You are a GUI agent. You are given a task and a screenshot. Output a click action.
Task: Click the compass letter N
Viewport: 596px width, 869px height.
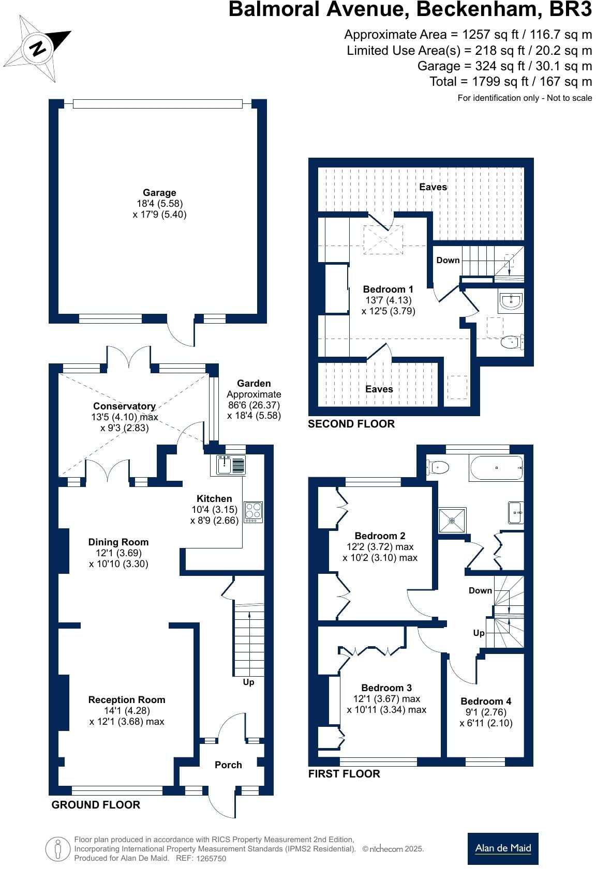[x=38, y=49]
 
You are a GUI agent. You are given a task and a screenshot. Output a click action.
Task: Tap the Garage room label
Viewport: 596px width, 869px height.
[x=159, y=193]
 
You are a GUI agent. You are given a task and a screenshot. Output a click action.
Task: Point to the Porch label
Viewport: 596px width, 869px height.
[x=228, y=765]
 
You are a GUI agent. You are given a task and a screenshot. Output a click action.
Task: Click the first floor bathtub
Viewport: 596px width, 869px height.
[x=496, y=467]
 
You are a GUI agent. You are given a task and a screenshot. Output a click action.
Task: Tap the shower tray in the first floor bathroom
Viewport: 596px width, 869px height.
[x=453, y=520]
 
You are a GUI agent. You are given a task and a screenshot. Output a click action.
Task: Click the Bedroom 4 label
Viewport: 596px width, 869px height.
[x=486, y=701]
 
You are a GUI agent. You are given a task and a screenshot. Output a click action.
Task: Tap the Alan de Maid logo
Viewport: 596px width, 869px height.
[x=503, y=848]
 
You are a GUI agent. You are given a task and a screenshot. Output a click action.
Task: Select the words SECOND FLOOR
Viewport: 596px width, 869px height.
[x=351, y=424]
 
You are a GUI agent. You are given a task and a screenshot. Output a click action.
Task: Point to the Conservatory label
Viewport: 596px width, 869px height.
[x=124, y=406]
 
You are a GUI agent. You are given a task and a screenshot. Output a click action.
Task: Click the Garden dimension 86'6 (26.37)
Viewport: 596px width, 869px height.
[x=254, y=405]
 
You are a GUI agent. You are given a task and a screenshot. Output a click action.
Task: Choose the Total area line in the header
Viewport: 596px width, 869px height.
[x=510, y=81]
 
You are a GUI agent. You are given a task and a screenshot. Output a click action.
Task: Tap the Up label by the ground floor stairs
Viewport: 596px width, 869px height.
[x=248, y=682]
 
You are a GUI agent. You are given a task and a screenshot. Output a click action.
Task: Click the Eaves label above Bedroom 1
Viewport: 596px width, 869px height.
[x=433, y=187]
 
